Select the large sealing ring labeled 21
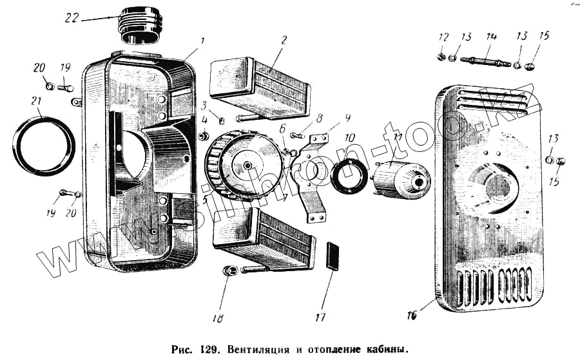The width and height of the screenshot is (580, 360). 41,146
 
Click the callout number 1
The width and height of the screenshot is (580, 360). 202,41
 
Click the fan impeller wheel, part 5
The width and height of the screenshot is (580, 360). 236,166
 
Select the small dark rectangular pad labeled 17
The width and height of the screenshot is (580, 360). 332,256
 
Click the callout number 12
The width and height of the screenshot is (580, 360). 442,35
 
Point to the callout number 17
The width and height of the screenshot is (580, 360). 320,316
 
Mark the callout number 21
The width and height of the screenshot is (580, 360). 36,101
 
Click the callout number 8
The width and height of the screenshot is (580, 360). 318,117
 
